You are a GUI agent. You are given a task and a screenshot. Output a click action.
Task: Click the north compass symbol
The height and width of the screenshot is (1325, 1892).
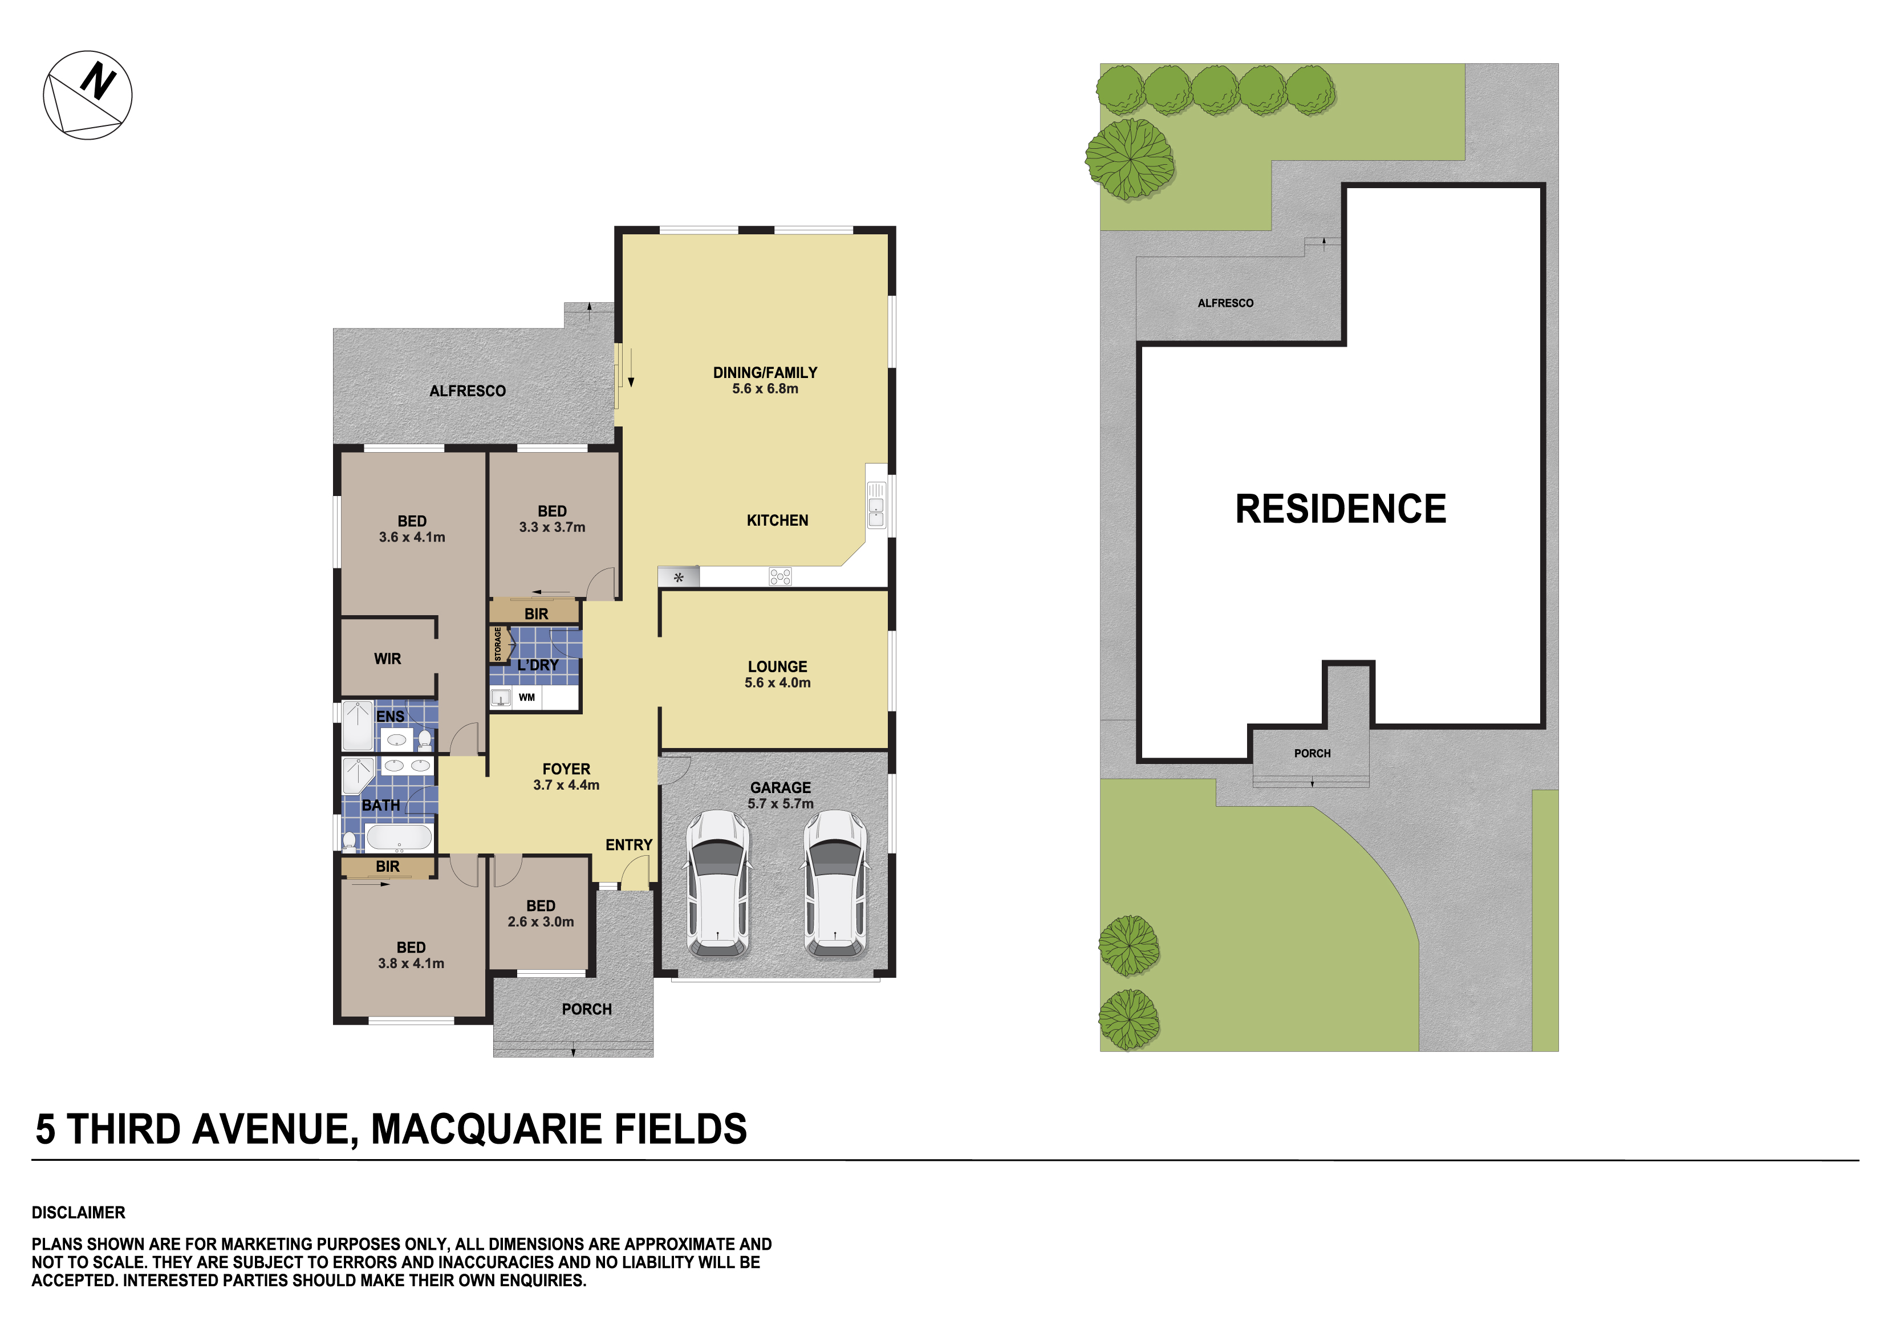(87, 95)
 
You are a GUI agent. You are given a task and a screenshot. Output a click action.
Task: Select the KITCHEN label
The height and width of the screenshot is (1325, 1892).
(777, 521)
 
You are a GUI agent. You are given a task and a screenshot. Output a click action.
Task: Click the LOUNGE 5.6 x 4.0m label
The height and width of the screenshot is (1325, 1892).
(777, 674)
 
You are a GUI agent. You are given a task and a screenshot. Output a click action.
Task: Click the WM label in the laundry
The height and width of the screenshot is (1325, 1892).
(526, 697)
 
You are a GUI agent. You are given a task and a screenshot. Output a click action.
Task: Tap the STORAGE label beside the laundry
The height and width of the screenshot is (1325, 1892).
(498, 644)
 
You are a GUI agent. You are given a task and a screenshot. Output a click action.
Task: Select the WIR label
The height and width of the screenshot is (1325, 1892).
(387, 659)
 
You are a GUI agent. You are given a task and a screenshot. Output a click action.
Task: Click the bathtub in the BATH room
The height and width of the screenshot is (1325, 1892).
(399, 837)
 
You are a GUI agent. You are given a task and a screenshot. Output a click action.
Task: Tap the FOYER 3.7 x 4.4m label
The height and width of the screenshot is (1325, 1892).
(566, 776)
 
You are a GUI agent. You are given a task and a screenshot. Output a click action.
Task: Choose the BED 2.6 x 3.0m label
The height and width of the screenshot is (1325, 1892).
(541, 913)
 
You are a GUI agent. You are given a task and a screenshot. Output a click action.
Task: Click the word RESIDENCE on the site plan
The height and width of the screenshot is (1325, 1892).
(1341, 509)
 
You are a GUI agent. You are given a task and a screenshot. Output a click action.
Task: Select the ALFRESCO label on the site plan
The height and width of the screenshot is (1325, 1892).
(1225, 303)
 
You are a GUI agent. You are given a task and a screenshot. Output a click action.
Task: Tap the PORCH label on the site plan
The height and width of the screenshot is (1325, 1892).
(1312, 753)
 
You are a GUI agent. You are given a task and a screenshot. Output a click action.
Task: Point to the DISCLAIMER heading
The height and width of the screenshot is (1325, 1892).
(78, 1213)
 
